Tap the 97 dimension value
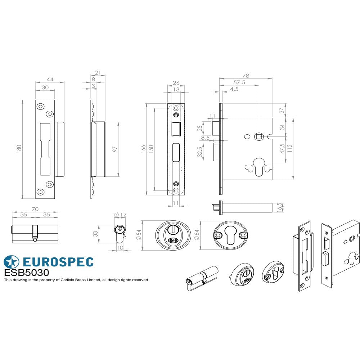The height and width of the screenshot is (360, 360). coord(115,149)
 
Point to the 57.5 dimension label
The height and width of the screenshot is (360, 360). coord(239,82)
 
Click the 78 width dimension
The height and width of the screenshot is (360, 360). coord(246,76)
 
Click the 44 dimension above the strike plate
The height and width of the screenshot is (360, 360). coord(50,80)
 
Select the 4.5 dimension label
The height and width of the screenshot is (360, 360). coord(234,89)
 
